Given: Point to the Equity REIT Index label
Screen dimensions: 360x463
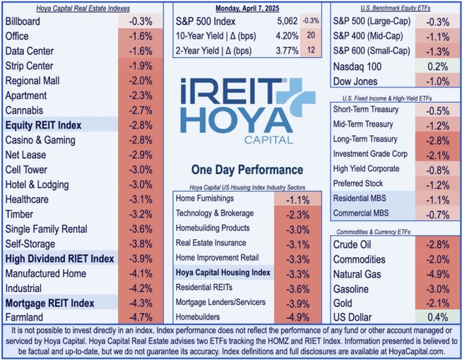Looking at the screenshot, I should pyautogui.click(x=43, y=125).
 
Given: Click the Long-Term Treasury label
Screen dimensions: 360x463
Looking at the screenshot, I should pyautogui.click(x=365, y=138).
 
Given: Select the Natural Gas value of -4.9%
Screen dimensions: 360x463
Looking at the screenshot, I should pyautogui.click(x=435, y=273).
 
